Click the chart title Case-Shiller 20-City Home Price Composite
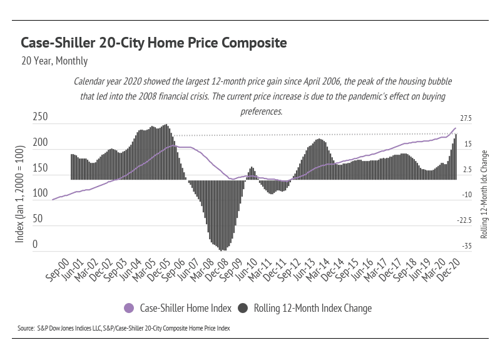(154, 43)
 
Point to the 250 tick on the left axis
(40, 117)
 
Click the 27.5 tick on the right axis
(466, 118)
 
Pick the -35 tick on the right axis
(467, 246)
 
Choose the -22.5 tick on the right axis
(465, 220)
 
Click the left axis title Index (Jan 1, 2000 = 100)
(19, 194)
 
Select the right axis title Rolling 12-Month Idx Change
(484, 194)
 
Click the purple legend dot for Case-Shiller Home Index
(130, 307)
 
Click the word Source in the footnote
(26, 327)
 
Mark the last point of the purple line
(455, 128)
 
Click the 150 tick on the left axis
(40, 168)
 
